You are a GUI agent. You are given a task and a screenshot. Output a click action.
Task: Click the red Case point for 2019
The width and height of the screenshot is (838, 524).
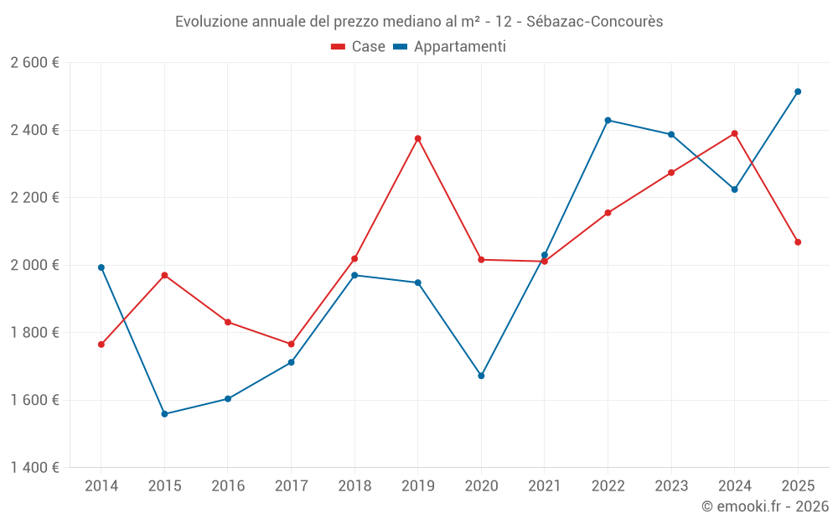[417, 138]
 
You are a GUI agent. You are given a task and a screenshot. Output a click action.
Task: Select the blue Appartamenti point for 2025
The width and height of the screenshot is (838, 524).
[798, 91]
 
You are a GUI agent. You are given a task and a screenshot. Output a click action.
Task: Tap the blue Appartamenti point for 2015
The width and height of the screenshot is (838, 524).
[164, 414]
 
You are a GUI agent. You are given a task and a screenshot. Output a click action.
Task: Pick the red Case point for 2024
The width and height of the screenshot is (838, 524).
[734, 133]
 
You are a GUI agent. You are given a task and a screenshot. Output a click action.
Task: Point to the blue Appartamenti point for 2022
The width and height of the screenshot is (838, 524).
[608, 120]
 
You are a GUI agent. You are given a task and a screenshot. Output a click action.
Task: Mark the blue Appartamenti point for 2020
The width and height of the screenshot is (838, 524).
[481, 376]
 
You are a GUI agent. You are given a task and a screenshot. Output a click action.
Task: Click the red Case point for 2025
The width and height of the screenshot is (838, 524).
[798, 242]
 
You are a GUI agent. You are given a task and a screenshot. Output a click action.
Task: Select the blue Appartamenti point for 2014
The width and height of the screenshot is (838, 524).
[101, 267]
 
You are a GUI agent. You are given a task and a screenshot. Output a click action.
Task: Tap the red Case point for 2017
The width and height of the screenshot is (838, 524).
[291, 344]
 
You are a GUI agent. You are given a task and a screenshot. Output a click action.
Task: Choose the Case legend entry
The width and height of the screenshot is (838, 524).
[359, 47]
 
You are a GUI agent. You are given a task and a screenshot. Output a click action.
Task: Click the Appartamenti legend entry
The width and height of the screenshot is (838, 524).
[450, 47]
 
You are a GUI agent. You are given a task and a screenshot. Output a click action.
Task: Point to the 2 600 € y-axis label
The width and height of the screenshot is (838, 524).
[34, 63]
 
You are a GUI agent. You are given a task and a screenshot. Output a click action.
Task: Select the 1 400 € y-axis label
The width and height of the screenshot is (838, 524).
[34, 468]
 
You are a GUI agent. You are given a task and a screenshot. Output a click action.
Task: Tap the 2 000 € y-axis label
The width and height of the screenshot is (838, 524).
[34, 265]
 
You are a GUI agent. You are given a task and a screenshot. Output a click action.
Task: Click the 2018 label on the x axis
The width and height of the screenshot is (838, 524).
[354, 486]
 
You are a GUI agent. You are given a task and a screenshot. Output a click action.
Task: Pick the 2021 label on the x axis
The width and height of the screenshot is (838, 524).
[545, 486]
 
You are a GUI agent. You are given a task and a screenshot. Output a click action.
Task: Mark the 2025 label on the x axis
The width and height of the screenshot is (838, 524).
[798, 486]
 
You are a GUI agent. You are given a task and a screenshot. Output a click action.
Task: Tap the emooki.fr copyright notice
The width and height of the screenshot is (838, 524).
[764, 506]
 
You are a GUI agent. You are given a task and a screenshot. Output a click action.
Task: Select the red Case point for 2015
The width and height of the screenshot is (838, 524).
[164, 275]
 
